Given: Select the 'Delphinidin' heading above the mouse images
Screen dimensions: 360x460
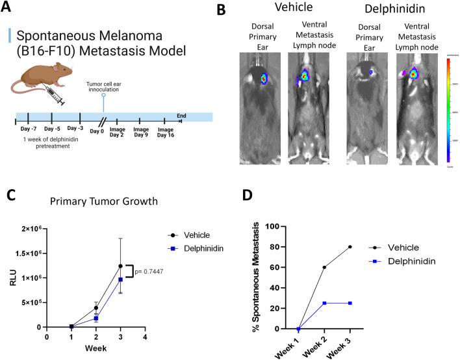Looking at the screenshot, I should click(x=380, y=13).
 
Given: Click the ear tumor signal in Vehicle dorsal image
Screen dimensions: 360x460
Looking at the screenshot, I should click(x=263, y=79).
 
